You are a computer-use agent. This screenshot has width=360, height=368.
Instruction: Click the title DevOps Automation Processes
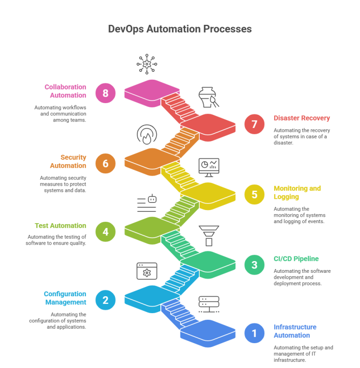coord(180,29)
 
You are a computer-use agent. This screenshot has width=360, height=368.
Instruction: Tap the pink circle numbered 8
coord(105,93)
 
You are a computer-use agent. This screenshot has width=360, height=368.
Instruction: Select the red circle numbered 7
coord(254,124)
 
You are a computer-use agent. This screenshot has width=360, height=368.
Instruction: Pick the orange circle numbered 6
coord(105,163)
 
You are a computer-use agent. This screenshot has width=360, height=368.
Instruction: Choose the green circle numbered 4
coord(105,232)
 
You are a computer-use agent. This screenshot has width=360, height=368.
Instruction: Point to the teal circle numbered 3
coord(254,265)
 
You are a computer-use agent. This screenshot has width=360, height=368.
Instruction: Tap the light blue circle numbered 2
coord(105,300)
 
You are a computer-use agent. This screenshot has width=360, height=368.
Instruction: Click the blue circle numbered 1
coord(254,333)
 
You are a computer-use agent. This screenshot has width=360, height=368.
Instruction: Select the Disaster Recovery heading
coord(302,118)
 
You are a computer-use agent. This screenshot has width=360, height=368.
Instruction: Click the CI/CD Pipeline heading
coord(296,259)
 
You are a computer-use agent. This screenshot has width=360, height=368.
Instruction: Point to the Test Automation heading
coord(60,225)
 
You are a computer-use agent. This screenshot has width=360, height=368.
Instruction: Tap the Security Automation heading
coord(68,161)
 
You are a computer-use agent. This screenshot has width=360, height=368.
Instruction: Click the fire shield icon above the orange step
coord(147,135)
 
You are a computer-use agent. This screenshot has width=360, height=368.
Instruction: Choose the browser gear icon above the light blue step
coord(147,271)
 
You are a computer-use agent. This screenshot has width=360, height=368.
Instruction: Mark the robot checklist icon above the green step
coord(147,203)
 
